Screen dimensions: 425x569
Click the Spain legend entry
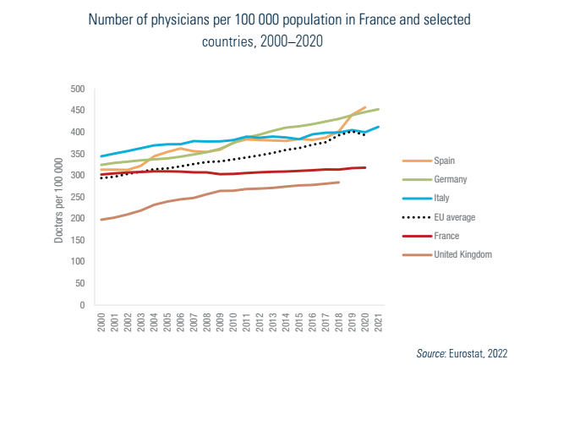tap(445, 161)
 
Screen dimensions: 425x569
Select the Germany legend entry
tap(451, 179)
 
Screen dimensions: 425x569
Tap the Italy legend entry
tap(442, 198)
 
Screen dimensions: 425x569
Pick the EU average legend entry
tap(454, 217)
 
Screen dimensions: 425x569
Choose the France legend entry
tap(446, 236)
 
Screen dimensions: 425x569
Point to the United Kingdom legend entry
tap(462, 254)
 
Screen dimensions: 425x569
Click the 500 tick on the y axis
tap(78, 89)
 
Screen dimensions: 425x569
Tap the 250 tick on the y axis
tap(78, 197)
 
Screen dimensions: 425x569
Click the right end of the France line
tap(364, 167)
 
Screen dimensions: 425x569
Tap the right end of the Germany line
tap(378, 109)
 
